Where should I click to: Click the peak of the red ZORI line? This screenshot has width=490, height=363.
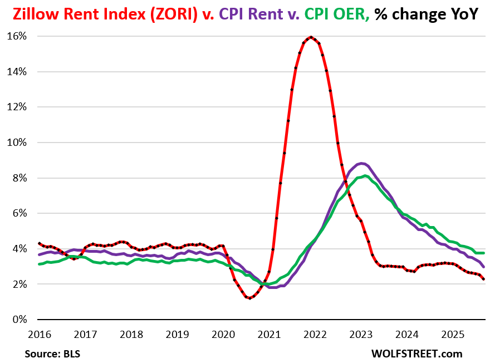point(311,37)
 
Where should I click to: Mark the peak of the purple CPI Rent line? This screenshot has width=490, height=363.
point(361,163)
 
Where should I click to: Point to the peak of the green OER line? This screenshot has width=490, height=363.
point(364,176)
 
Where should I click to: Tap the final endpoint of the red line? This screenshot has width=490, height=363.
point(483,279)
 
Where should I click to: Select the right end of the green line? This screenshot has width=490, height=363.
point(483,253)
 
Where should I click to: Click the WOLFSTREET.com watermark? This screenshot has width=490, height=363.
point(417,354)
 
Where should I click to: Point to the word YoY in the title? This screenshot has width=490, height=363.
point(463,14)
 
